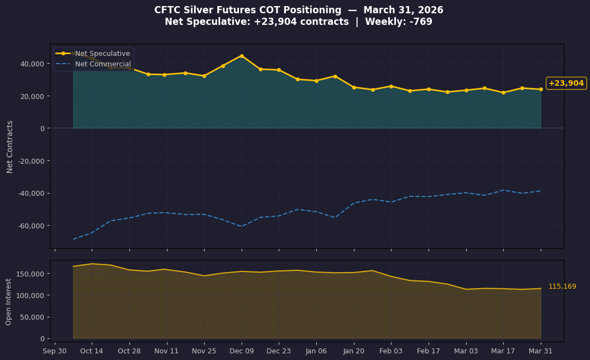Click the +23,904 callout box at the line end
(566, 83)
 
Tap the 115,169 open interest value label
(562, 286)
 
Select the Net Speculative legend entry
(102, 54)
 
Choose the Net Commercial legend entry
(103, 64)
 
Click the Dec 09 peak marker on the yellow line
(242, 56)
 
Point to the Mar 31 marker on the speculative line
(541, 89)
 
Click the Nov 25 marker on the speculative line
(204, 76)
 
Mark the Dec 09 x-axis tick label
(242, 351)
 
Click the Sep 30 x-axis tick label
(54, 351)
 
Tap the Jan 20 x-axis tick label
(353, 351)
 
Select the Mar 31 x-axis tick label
(541, 351)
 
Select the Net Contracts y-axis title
(10, 147)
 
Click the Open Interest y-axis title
(9, 301)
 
